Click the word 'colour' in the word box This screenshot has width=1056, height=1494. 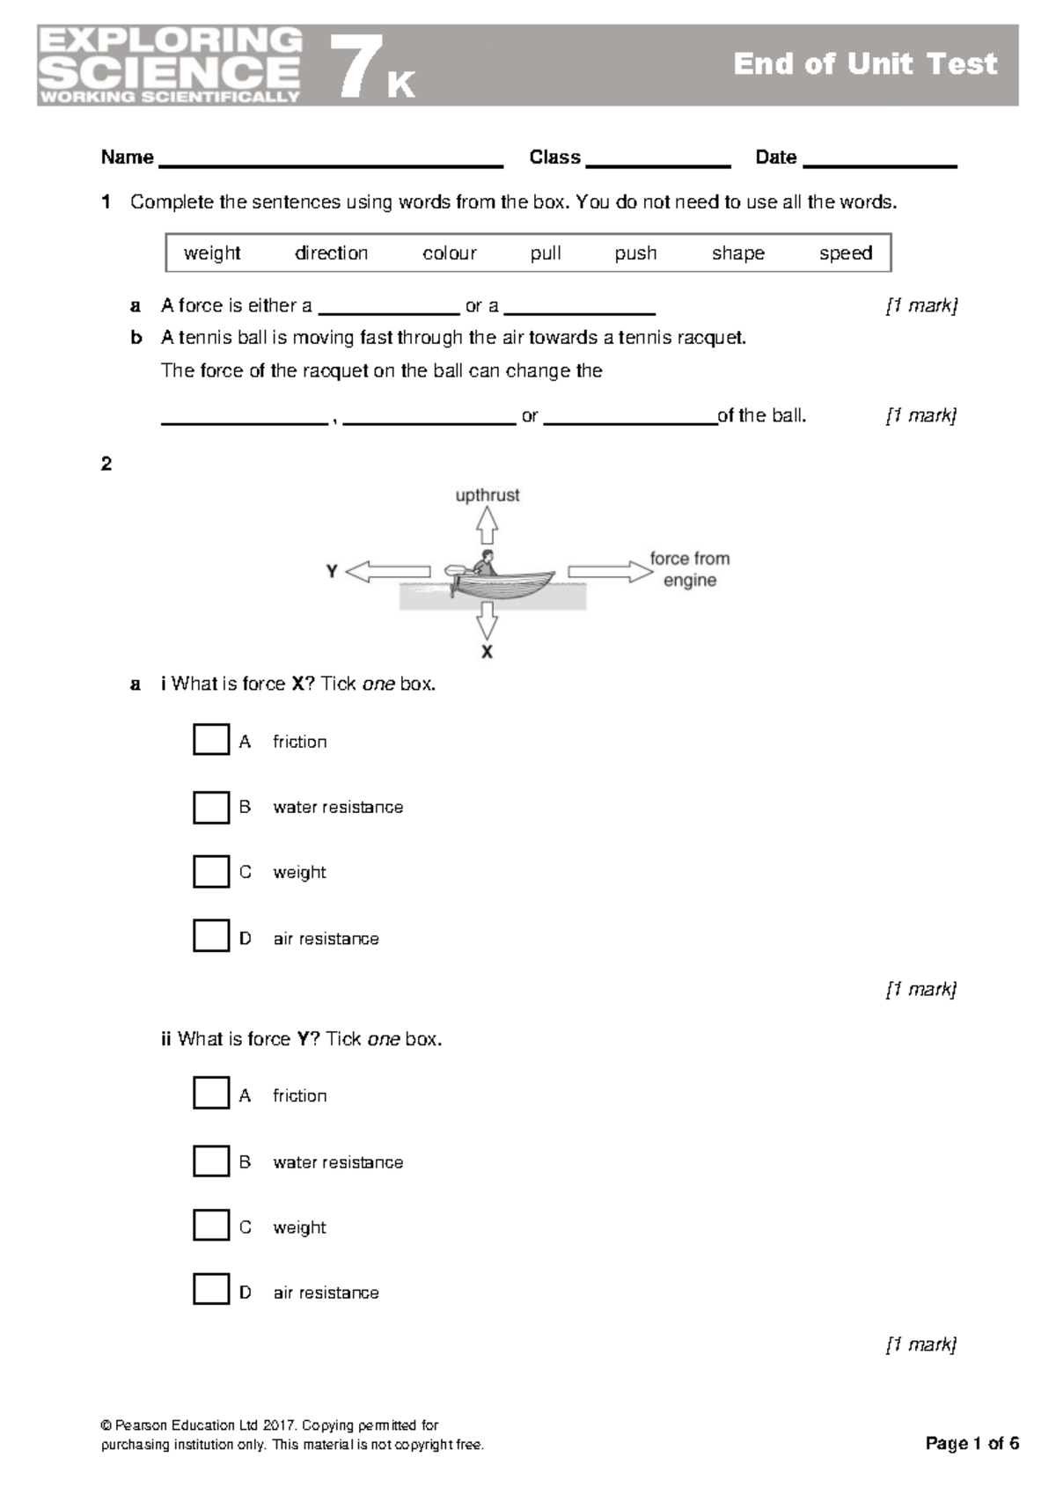pos(449,253)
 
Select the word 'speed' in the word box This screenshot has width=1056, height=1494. pos(845,253)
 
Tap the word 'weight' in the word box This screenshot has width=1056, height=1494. pos(212,253)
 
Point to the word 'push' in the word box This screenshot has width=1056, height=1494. pos(635,253)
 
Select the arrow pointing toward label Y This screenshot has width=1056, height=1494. pos(387,572)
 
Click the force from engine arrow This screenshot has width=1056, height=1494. pos(610,572)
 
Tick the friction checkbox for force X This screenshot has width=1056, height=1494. pos(211,740)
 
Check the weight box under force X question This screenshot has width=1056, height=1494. pos(211,871)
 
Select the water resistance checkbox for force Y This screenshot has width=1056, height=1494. pos(211,1161)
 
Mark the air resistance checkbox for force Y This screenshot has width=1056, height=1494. pos(211,1290)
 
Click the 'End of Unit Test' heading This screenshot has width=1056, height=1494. pos(865,64)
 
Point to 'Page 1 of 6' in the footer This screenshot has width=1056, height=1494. pos(972,1443)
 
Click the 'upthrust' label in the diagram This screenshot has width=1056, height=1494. pos(488,495)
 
